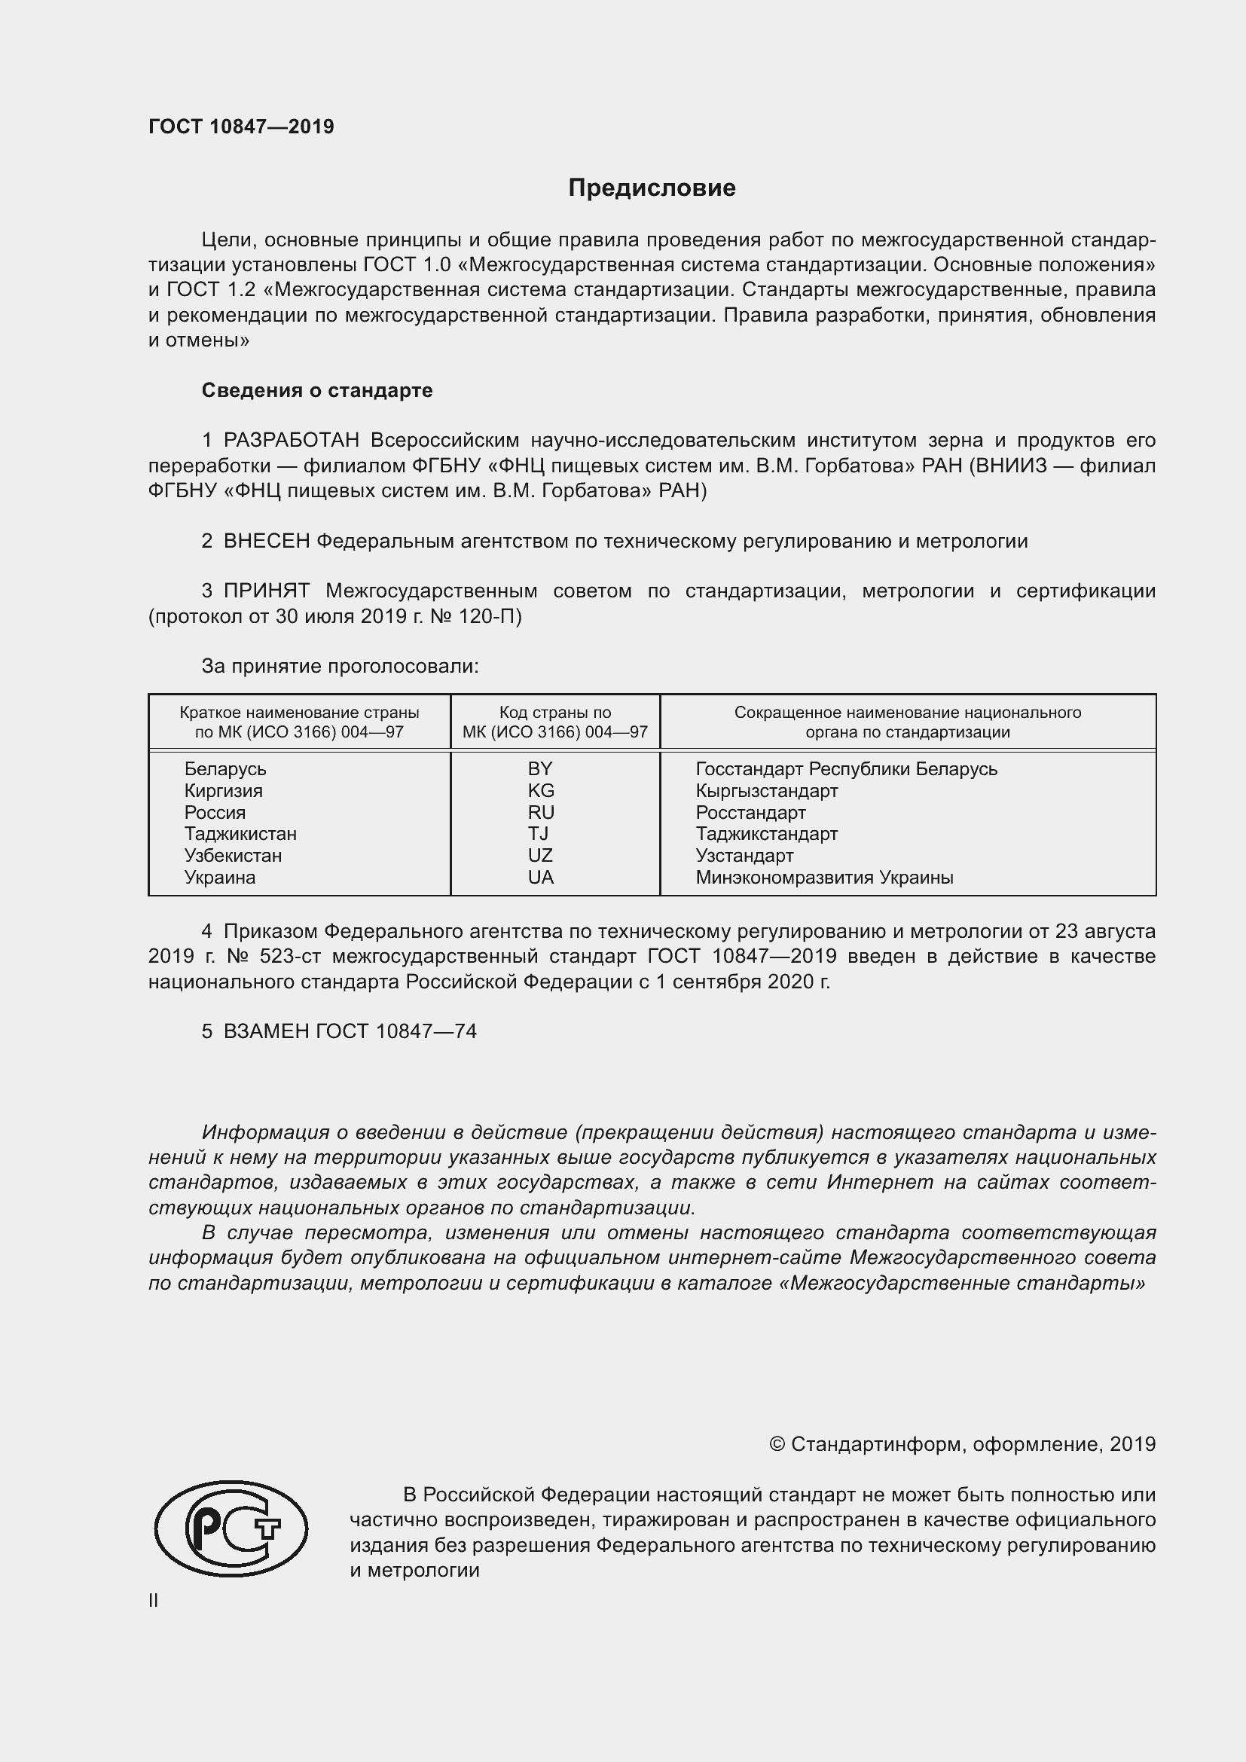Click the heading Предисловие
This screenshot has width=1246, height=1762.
tap(652, 188)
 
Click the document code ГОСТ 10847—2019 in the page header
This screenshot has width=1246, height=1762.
tap(241, 127)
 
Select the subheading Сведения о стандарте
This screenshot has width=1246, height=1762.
tap(317, 391)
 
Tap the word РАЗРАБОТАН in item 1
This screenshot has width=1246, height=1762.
tap(292, 441)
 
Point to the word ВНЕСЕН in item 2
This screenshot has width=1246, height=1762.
tap(266, 541)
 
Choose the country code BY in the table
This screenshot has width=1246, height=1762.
tap(540, 769)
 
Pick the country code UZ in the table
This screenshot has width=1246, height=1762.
tap(540, 855)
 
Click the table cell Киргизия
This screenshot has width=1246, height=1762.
tap(223, 790)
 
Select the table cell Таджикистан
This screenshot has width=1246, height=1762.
tap(240, 833)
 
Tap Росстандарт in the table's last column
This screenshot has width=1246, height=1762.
tap(750, 812)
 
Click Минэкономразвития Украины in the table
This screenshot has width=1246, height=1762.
tap(824, 877)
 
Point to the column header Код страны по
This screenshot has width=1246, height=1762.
tap(554, 712)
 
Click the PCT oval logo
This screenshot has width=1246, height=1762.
tap(231, 1528)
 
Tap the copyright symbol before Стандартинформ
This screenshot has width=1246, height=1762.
tap(777, 1444)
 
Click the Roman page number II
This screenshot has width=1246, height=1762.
tap(154, 1601)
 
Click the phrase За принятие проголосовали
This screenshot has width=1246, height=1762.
tap(340, 666)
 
